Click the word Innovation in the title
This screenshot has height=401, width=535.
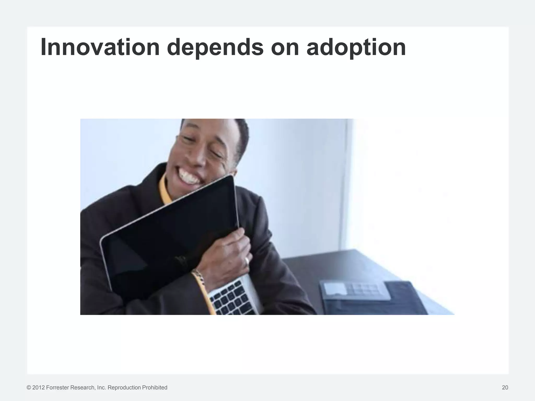(100, 47)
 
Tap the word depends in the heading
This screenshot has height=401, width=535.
(215, 47)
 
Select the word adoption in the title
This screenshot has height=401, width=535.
(356, 47)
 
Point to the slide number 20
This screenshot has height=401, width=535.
(505, 388)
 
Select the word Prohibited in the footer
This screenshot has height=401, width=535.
(155, 388)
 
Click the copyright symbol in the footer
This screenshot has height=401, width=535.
(29, 388)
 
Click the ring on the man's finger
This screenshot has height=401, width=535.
(247, 261)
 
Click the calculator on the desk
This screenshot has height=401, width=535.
(357, 290)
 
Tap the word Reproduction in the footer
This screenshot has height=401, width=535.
(124, 388)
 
